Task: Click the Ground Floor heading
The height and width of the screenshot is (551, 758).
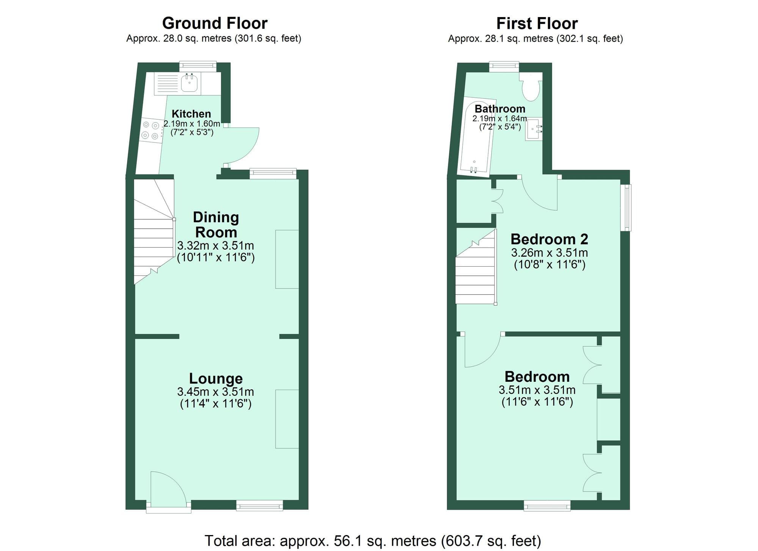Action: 215,23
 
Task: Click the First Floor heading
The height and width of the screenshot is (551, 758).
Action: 537,23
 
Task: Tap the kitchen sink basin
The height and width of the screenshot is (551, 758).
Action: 189,83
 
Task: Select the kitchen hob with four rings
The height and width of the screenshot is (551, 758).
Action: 150,130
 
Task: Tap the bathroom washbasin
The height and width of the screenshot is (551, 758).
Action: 534,129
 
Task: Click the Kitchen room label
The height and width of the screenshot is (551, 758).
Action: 191,114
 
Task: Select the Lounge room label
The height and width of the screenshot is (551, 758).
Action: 216,378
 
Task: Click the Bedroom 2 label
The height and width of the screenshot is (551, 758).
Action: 549,239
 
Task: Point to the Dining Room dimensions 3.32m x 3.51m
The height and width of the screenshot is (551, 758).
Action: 215,245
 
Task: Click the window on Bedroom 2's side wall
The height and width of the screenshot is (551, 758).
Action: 625,208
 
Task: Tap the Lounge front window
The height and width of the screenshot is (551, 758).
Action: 260,505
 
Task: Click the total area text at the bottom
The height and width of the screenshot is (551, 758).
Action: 373,540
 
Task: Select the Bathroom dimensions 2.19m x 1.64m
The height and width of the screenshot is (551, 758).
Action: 499,119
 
